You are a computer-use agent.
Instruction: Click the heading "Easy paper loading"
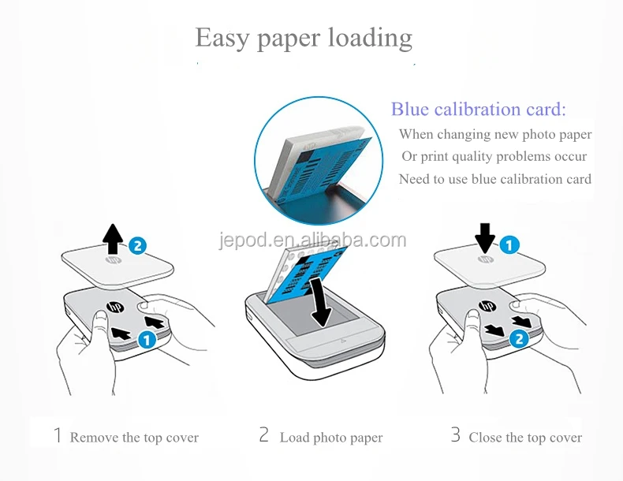(304, 38)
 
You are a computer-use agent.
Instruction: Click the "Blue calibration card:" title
(479, 110)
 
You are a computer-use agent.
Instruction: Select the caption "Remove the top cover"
(134, 438)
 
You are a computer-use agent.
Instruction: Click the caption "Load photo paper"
(331, 438)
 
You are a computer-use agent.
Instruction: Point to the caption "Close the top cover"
(525, 438)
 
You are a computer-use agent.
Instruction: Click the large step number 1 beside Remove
(57, 435)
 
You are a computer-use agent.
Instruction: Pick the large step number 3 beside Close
(455, 435)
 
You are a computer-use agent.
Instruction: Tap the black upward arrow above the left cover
(114, 236)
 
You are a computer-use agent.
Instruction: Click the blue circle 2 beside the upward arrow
(138, 245)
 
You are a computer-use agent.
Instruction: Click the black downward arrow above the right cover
(485, 236)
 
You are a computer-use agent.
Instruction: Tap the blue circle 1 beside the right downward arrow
(509, 245)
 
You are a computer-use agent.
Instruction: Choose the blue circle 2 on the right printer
(517, 339)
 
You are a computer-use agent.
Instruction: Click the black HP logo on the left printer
(112, 306)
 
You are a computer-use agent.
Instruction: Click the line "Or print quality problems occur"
(494, 157)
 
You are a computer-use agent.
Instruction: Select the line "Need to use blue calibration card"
(494, 179)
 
